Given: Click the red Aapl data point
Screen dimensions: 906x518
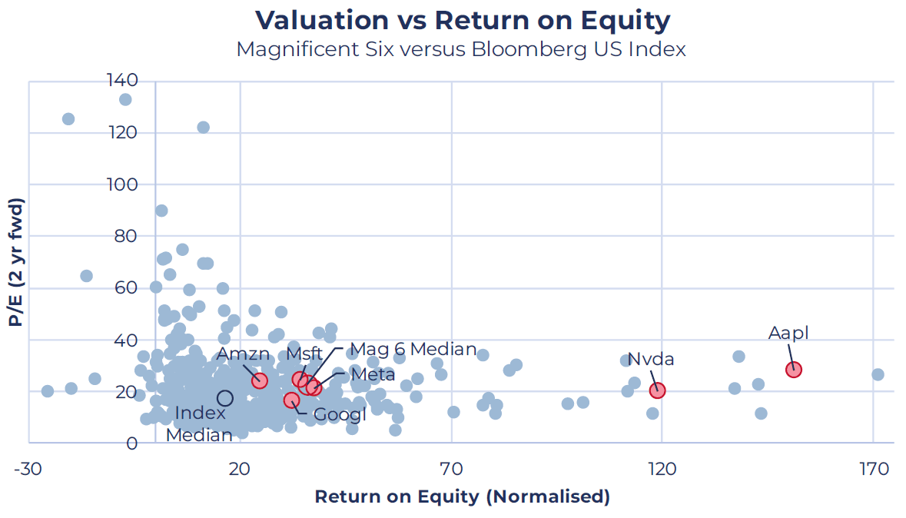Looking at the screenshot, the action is tap(793, 370).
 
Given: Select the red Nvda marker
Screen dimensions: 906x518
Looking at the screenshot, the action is tap(657, 391).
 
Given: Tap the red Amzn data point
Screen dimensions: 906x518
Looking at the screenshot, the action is tap(260, 380).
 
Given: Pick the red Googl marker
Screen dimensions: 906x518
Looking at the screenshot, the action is tap(292, 400).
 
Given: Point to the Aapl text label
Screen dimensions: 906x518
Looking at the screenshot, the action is tap(788, 334).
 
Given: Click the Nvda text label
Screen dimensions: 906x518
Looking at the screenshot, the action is tap(651, 359).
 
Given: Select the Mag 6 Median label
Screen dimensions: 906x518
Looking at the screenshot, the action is tap(413, 349).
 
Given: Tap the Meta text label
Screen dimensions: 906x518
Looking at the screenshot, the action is tap(373, 374).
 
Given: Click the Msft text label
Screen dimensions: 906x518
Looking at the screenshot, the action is tap(304, 354).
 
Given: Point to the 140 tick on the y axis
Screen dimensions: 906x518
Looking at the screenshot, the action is tap(122, 80).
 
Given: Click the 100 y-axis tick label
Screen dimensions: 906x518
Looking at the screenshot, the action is tap(122, 184).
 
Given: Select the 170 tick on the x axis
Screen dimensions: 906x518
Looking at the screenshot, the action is tap(873, 468).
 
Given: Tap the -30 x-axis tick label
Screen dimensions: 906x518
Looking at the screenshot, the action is tap(28, 468).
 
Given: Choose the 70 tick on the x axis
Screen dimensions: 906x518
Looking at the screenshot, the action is tap(450, 468).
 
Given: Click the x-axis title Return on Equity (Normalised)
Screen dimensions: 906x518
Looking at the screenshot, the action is tap(463, 496).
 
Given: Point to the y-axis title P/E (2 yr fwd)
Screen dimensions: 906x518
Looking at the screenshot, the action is tap(15, 262).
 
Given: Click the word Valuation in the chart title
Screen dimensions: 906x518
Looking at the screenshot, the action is tap(322, 20).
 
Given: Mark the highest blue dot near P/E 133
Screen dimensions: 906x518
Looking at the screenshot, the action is tap(125, 99).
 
